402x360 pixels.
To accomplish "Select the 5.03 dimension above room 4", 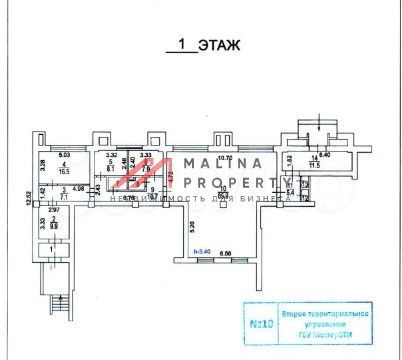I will pyautogui.click(x=64, y=154).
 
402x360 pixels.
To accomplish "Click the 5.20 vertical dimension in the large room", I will pyautogui.click(x=190, y=226).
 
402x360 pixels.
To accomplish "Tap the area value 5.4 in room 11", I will pyautogui.click(x=291, y=191).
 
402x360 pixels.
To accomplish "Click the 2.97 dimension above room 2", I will pyautogui.click(x=52, y=210).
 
